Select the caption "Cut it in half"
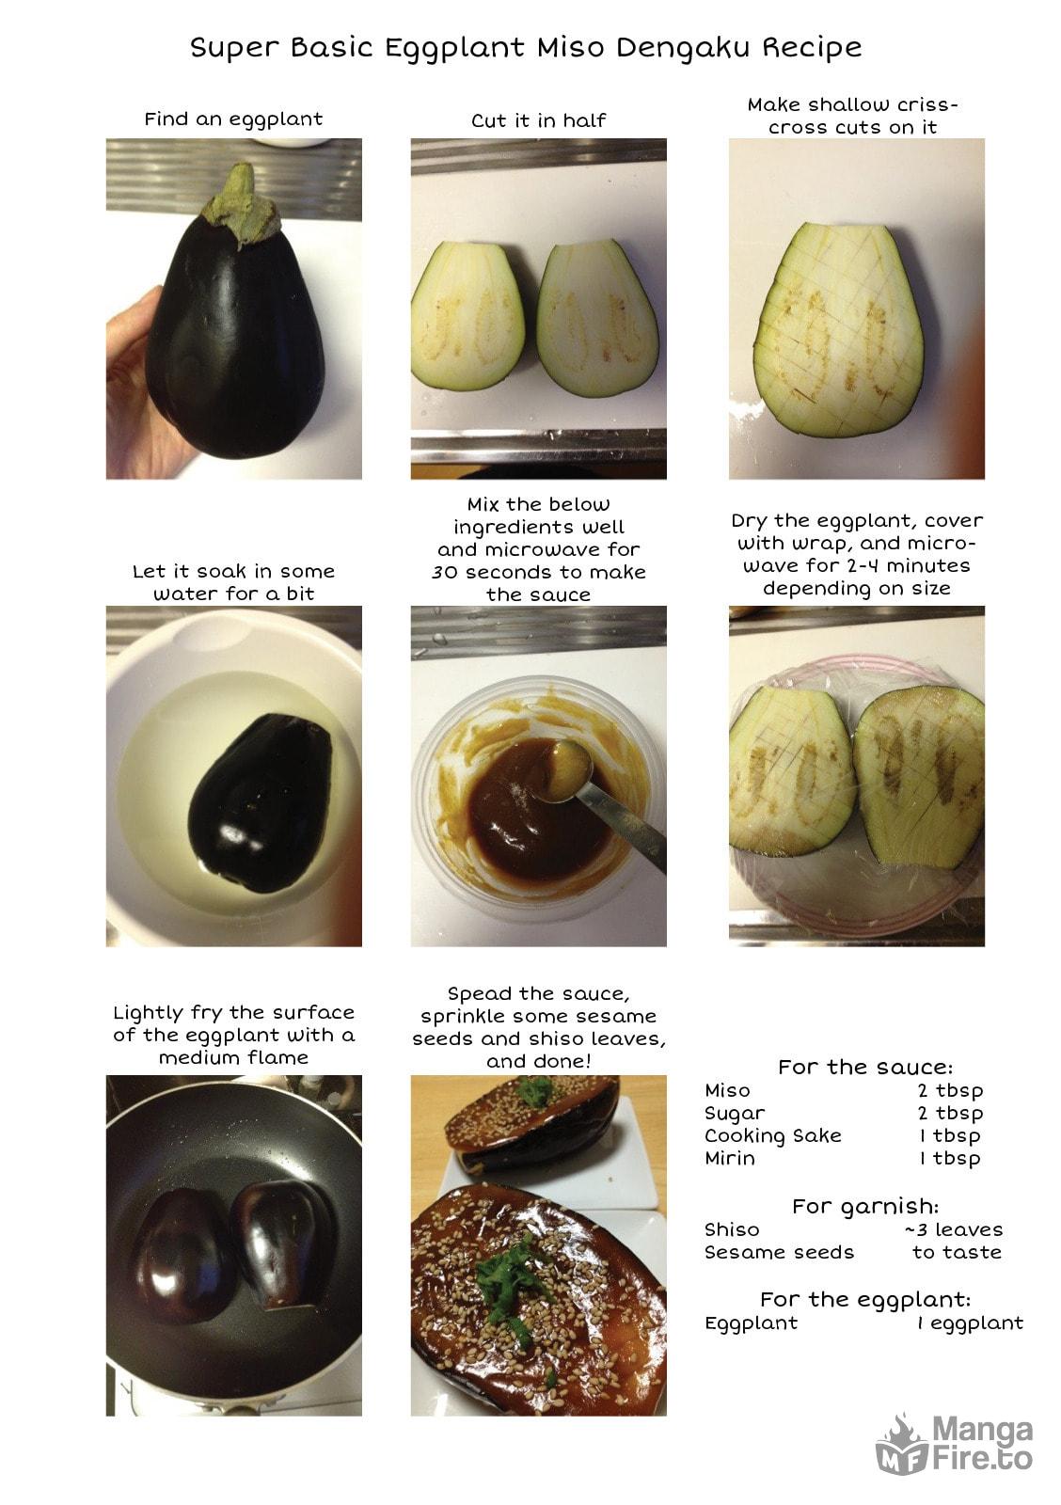538,120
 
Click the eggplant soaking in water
258,802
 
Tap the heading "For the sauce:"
864,1067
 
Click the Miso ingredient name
727,1090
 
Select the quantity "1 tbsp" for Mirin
950,1158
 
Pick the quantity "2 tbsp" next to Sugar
950,1114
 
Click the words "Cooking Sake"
773,1136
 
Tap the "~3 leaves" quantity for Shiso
954,1229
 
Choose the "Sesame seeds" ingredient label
779,1252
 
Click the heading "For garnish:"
864,1207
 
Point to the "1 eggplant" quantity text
971,1323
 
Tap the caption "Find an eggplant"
233,119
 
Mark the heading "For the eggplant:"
864,1299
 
